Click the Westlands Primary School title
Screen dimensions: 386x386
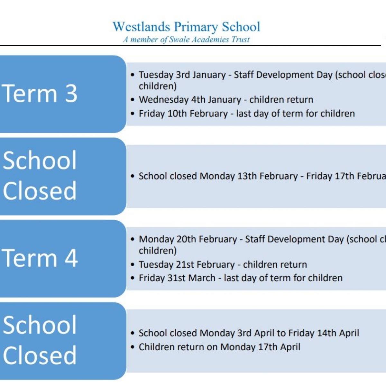[186, 27]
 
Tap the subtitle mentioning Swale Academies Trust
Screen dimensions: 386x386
[186, 40]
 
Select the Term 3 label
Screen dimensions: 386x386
[40, 94]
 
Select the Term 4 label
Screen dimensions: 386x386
[40, 258]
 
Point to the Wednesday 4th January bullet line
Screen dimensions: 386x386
[226, 100]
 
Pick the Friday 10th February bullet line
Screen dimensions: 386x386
[247, 114]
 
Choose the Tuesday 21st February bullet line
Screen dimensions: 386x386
[223, 264]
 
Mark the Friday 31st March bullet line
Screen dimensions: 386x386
[241, 278]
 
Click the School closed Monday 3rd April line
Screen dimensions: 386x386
[249, 333]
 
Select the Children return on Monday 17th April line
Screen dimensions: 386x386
[219, 347]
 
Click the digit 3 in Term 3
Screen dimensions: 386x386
[71, 94]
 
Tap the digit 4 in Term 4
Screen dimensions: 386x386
[71, 258]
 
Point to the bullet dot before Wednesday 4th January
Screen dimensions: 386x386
[133, 100]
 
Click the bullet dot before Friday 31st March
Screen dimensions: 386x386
[133, 278]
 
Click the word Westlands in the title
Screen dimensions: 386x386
[141, 27]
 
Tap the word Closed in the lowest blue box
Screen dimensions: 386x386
[40, 355]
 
